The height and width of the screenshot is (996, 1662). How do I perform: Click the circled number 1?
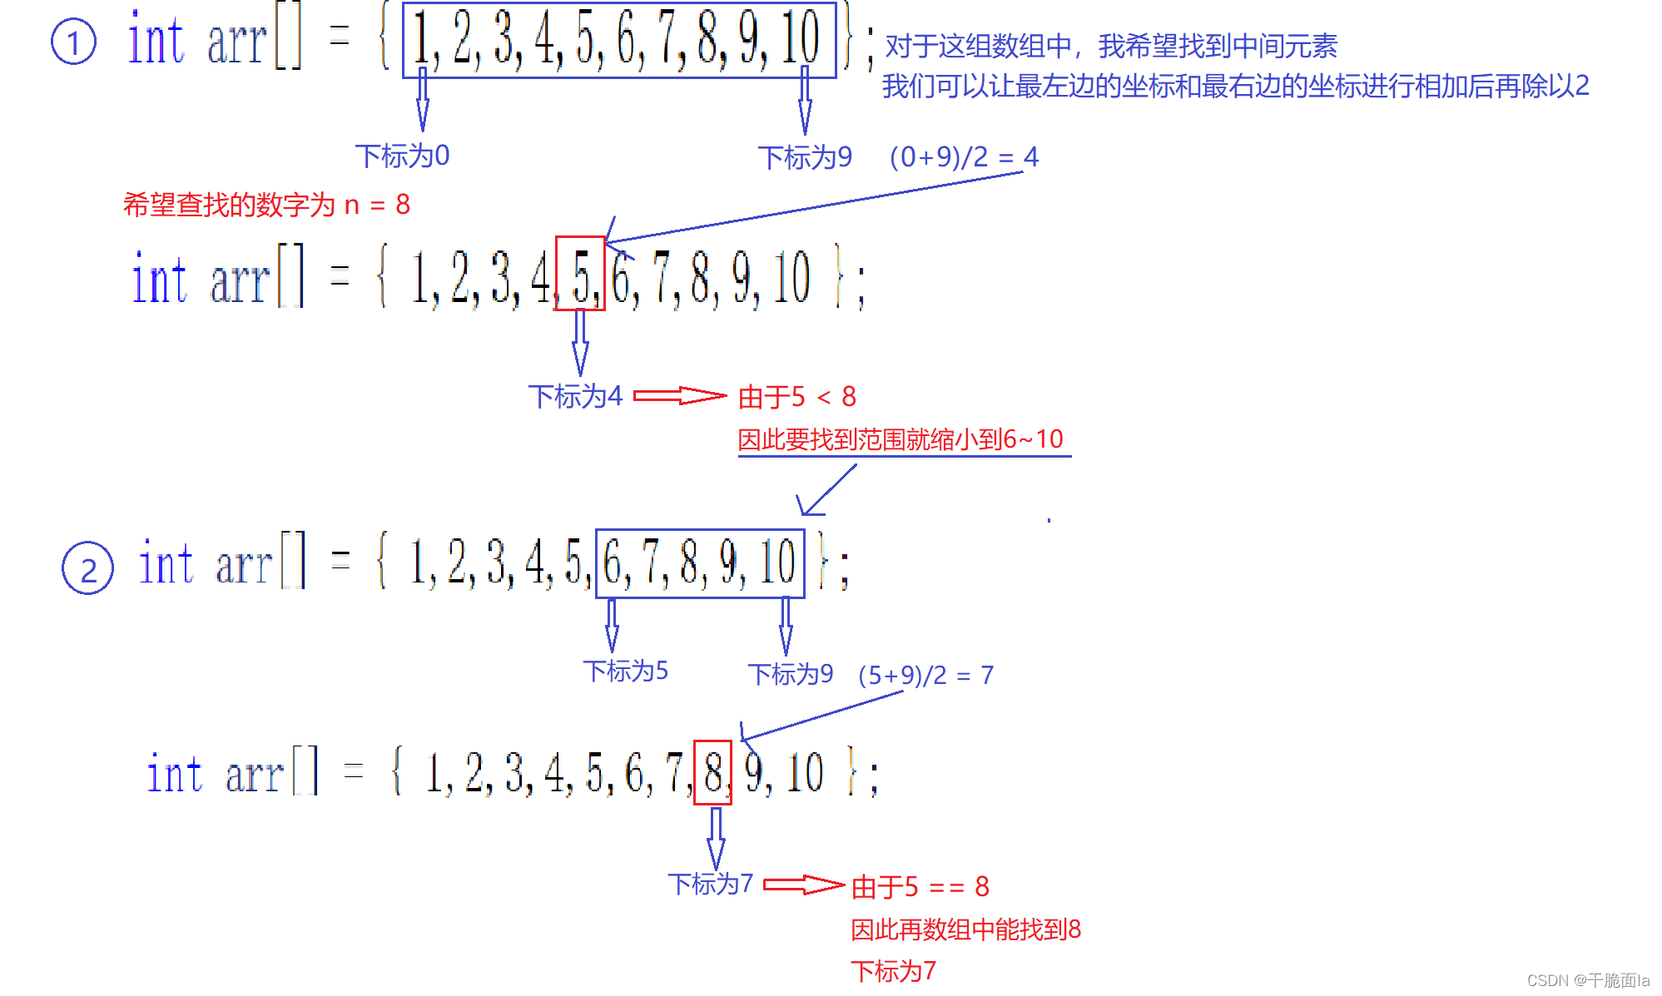(73, 42)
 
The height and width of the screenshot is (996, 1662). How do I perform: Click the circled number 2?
(87, 569)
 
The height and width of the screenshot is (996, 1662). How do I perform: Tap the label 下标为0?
(402, 156)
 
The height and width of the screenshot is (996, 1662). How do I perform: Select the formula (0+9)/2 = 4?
(963, 156)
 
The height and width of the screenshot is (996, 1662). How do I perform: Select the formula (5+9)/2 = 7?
(925, 675)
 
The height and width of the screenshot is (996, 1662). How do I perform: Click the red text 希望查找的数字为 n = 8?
(266, 205)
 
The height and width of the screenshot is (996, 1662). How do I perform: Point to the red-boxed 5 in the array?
(580, 274)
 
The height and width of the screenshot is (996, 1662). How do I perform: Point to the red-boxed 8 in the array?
(712, 773)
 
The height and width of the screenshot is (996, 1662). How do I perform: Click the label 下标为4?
(575, 396)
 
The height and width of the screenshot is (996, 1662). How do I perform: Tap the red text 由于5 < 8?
(796, 397)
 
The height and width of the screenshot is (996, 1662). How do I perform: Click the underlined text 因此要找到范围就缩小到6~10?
(900, 439)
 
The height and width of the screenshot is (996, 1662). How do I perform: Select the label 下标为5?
(625, 671)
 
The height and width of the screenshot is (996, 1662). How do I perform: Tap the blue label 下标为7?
(710, 884)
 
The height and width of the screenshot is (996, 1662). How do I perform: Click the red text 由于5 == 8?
(920, 887)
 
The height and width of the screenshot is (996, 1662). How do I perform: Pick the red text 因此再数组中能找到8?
(965, 929)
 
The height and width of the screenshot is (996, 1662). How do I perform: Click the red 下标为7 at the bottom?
(893, 971)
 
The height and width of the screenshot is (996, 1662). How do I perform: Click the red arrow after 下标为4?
(680, 396)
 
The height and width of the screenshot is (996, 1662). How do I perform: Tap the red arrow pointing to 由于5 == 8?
(803, 885)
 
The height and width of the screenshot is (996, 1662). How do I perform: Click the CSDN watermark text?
(1587, 980)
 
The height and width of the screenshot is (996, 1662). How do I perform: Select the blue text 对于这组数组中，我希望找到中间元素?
(1110, 47)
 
